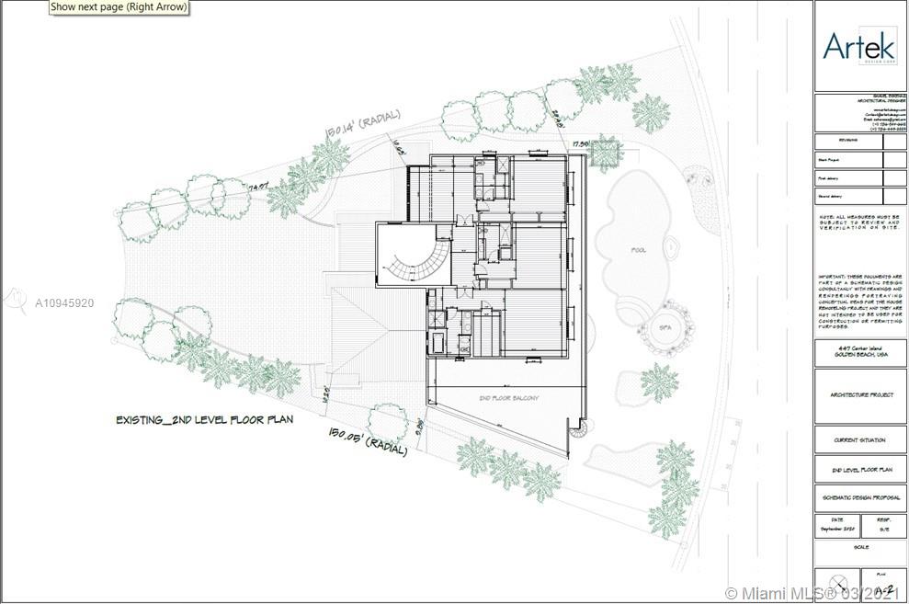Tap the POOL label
point(639,248)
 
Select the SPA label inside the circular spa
point(662,326)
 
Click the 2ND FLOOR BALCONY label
point(506,397)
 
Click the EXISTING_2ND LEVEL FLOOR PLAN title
point(203,419)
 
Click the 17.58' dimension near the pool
point(580,144)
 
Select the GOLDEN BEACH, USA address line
point(859,354)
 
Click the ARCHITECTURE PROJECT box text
point(859,395)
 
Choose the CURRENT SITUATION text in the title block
point(859,440)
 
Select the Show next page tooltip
point(119,7)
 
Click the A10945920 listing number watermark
point(63,302)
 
